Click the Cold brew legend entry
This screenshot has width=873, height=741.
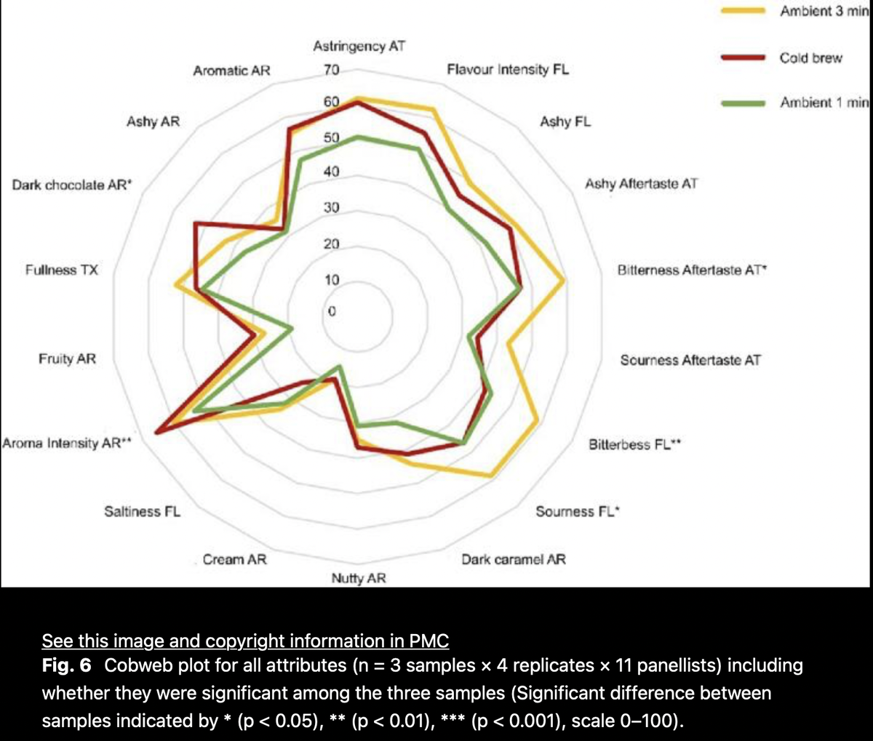click(810, 58)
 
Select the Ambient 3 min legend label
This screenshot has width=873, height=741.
click(824, 12)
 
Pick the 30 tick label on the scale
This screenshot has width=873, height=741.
click(331, 208)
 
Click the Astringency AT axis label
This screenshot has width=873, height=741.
click(359, 47)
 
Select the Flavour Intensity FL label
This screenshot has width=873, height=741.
click(508, 70)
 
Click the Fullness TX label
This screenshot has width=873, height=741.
click(61, 271)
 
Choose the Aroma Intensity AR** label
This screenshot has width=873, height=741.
click(66, 443)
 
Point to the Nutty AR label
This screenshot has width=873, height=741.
click(359, 579)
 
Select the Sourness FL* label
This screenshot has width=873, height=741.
click(577, 511)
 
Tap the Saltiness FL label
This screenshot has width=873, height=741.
click(143, 511)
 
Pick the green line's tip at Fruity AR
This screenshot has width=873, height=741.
click(292, 329)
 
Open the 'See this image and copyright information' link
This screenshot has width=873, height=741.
click(245, 641)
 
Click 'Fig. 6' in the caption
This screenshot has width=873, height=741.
click(66, 665)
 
